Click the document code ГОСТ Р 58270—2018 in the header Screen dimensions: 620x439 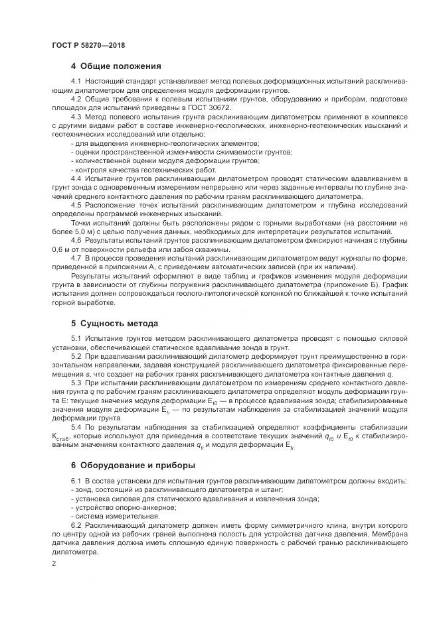88,45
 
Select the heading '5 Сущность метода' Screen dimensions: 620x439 114,324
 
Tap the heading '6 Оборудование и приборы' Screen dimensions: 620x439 132,465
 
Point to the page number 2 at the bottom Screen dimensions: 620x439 54,563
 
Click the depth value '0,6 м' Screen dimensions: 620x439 62,249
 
